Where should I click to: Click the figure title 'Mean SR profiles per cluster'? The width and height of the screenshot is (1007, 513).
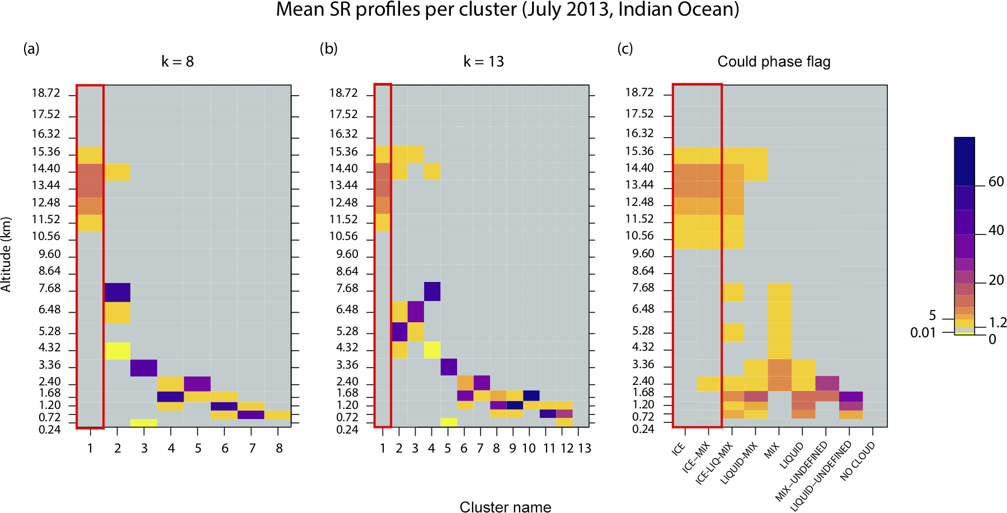(x=507, y=10)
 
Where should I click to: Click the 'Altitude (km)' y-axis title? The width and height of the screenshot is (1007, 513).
(x=7, y=255)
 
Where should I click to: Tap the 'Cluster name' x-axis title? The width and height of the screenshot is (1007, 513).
(x=505, y=506)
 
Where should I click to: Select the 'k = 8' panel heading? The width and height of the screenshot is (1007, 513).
(x=177, y=62)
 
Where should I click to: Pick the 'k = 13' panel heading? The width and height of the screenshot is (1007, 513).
(x=483, y=62)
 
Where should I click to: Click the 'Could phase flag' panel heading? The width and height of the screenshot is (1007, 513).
(x=774, y=62)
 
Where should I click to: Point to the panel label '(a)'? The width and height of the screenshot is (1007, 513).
(x=31, y=49)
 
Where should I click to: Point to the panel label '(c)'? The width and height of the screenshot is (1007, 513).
(x=625, y=49)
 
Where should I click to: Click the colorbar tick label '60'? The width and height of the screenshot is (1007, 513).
(x=996, y=182)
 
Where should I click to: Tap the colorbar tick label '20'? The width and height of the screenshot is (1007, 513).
(x=996, y=280)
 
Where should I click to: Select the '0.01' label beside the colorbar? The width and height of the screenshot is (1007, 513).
(x=923, y=333)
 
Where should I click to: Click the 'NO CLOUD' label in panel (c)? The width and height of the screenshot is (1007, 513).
(x=858, y=461)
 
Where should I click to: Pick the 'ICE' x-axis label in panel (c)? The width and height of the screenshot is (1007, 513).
(x=679, y=448)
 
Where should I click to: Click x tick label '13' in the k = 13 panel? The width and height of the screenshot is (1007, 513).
(x=584, y=448)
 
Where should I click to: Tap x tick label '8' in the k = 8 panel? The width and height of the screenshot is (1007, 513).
(x=279, y=448)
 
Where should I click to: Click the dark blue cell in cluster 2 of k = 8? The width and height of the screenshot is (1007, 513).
(x=117, y=293)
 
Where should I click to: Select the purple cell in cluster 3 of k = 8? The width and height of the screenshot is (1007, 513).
(x=144, y=368)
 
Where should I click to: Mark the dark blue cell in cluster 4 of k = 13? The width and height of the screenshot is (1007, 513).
(x=432, y=291)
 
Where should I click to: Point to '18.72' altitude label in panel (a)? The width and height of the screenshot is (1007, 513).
(x=46, y=93)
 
